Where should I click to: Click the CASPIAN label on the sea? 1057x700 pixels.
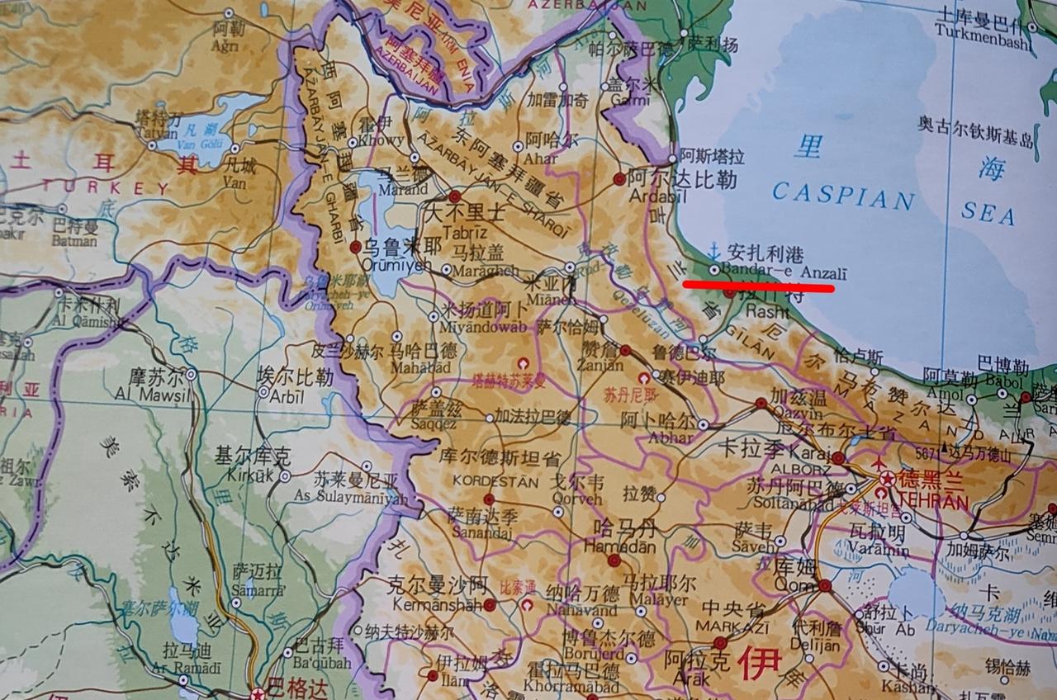(x=843, y=197)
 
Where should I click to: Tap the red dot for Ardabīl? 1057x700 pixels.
(x=619, y=179)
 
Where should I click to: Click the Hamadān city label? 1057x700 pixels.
(x=619, y=546)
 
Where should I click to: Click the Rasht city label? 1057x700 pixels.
(x=761, y=311)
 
